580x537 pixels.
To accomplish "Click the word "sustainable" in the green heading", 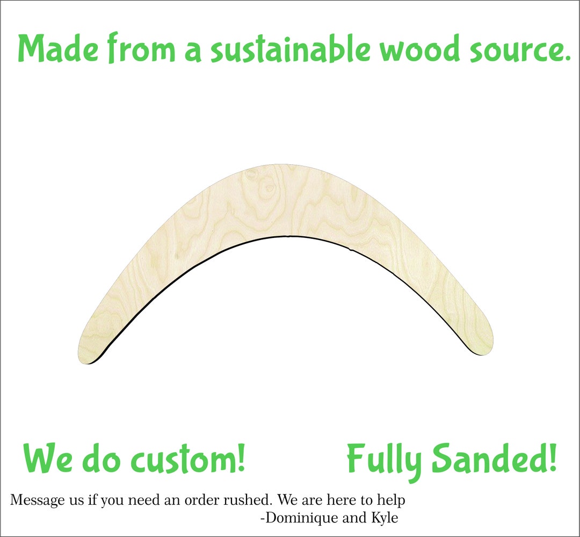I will tap(290, 49).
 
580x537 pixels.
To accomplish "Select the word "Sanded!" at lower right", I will tap(494, 459).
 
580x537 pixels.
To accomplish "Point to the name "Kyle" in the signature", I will tap(384, 518).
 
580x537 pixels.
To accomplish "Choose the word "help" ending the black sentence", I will tap(391, 500).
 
